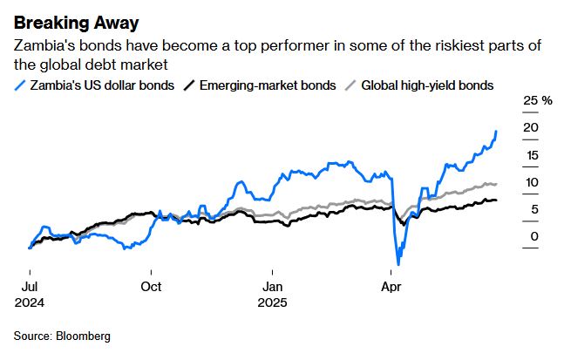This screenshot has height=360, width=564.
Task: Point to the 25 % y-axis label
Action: point(537,101)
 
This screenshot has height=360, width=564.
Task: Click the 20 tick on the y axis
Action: point(530,128)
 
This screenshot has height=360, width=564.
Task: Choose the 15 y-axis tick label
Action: point(530,155)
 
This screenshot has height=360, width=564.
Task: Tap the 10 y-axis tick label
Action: point(530,182)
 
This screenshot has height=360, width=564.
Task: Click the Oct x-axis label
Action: point(151,285)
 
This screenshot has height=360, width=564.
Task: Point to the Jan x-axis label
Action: point(274,285)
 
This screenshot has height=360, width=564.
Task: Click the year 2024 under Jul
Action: point(29,303)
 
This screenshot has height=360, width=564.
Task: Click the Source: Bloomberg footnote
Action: point(62,336)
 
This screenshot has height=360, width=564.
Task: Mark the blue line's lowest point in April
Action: point(398,263)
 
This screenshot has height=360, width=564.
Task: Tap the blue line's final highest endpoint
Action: point(496,132)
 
